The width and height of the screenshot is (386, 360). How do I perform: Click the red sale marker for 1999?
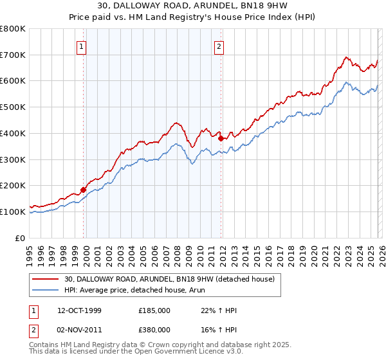pyautogui.click(x=83, y=190)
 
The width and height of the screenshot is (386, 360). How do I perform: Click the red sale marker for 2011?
pyautogui.click(x=221, y=138)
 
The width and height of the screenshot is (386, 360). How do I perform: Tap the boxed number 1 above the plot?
pyautogui.click(x=83, y=46)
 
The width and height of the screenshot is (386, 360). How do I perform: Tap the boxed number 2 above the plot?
pyautogui.click(x=219, y=46)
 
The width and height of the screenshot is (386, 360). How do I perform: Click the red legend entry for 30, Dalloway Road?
pyautogui.click(x=169, y=278)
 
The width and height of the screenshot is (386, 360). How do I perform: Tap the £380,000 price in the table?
pyautogui.click(x=154, y=330)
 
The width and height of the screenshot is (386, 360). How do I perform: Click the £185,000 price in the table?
pyautogui.click(x=154, y=310)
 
